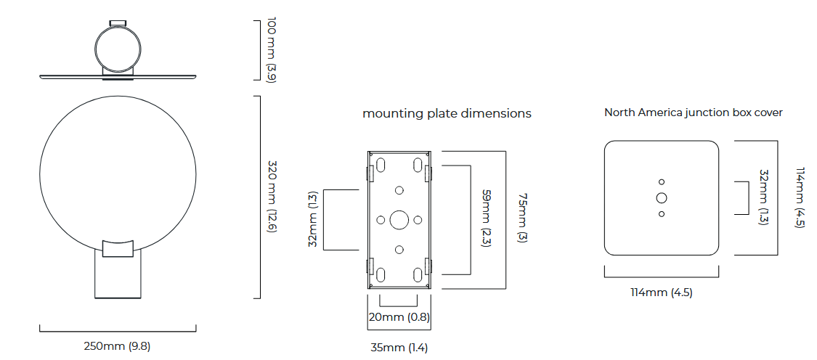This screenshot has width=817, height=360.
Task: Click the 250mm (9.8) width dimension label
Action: pos(117,346)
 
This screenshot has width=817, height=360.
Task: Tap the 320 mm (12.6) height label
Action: pos(272,197)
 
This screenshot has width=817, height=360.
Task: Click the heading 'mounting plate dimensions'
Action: pos(447,113)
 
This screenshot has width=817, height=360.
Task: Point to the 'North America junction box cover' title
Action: pos(694,112)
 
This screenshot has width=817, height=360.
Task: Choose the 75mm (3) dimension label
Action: pos(521,218)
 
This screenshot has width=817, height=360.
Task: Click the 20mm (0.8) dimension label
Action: pos(399,317)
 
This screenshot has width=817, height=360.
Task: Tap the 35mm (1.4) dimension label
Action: pos(399,348)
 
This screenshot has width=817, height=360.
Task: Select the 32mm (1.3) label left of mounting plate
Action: pos(313,220)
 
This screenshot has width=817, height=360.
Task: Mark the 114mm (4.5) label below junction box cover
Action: pos(661,292)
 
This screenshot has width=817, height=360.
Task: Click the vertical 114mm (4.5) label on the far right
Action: pos(800,198)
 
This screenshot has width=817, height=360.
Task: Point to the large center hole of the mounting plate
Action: pos(399,220)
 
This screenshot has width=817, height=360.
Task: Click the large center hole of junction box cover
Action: pos(662,197)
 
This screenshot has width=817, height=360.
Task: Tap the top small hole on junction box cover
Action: pos(662,181)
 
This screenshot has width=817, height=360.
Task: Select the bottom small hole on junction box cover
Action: pos(662,213)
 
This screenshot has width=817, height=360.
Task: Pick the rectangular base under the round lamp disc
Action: pos(118,276)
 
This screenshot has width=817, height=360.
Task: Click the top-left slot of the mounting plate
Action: pos(381,165)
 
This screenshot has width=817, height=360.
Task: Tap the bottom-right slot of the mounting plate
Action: pos(417,274)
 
